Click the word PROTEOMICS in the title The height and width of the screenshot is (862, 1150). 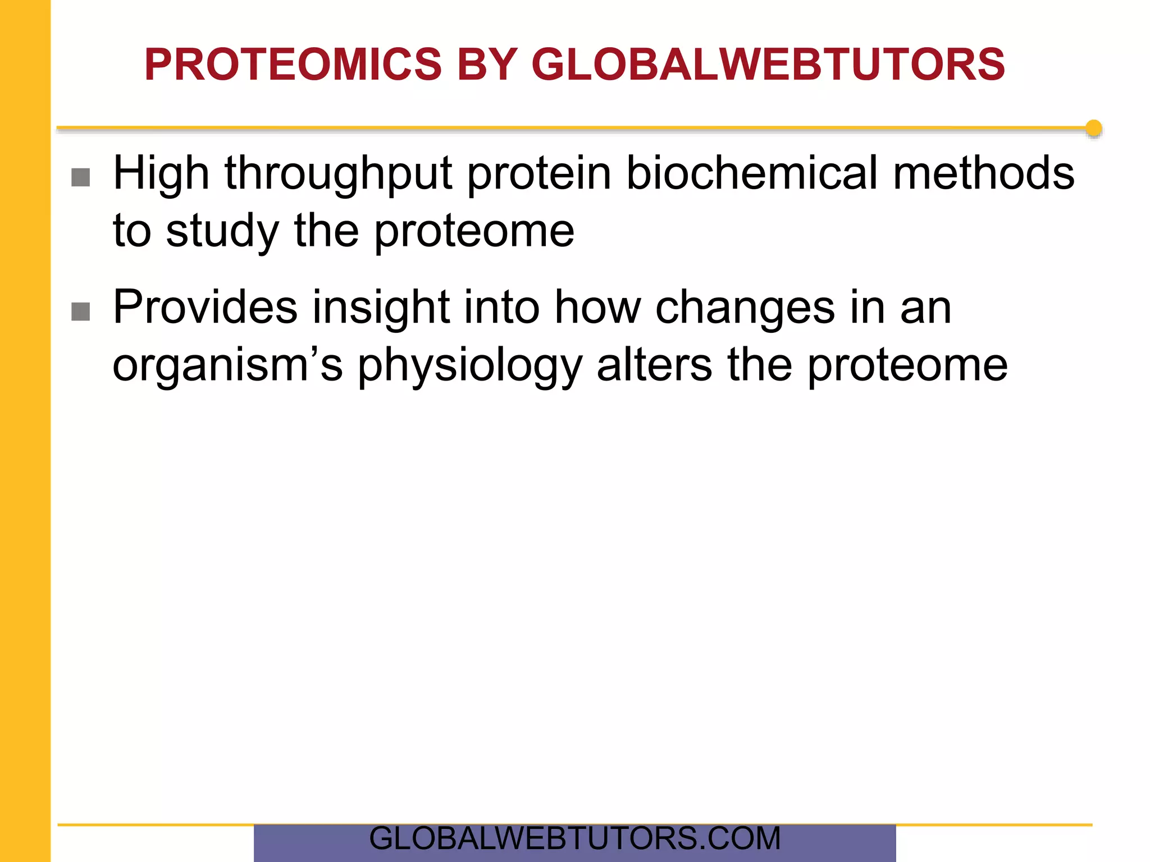293,65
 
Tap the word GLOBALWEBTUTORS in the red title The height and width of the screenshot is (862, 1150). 768,65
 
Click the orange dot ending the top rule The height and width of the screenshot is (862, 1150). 1093,129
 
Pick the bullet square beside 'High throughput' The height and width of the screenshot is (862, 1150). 81,177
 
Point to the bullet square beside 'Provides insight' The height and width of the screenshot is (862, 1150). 81,311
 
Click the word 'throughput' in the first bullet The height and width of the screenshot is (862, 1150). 339,175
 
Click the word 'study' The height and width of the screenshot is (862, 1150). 222,231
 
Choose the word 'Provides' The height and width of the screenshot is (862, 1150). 205,307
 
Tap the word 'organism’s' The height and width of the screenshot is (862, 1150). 227,366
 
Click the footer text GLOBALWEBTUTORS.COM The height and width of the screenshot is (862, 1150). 574,839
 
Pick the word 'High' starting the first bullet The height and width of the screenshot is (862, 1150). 161,175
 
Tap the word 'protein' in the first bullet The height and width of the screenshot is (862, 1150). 539,175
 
